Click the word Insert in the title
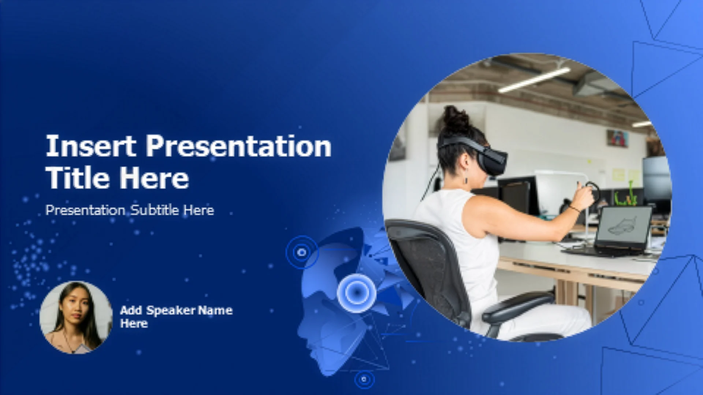click(x=90, y=146)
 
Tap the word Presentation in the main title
click(x=239, y=146)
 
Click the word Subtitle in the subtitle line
click(x=155, y=210)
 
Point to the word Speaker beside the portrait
click(x=171, y=311)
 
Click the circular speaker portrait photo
click(x=76, y=317)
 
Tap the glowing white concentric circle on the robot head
click(x=356, y=293)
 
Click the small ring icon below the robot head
click(x=364, y=379)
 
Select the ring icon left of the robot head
click(x=302, y=252)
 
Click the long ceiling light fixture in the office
click(x=534, y=80)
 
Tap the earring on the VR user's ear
click(x=466, y=180)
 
